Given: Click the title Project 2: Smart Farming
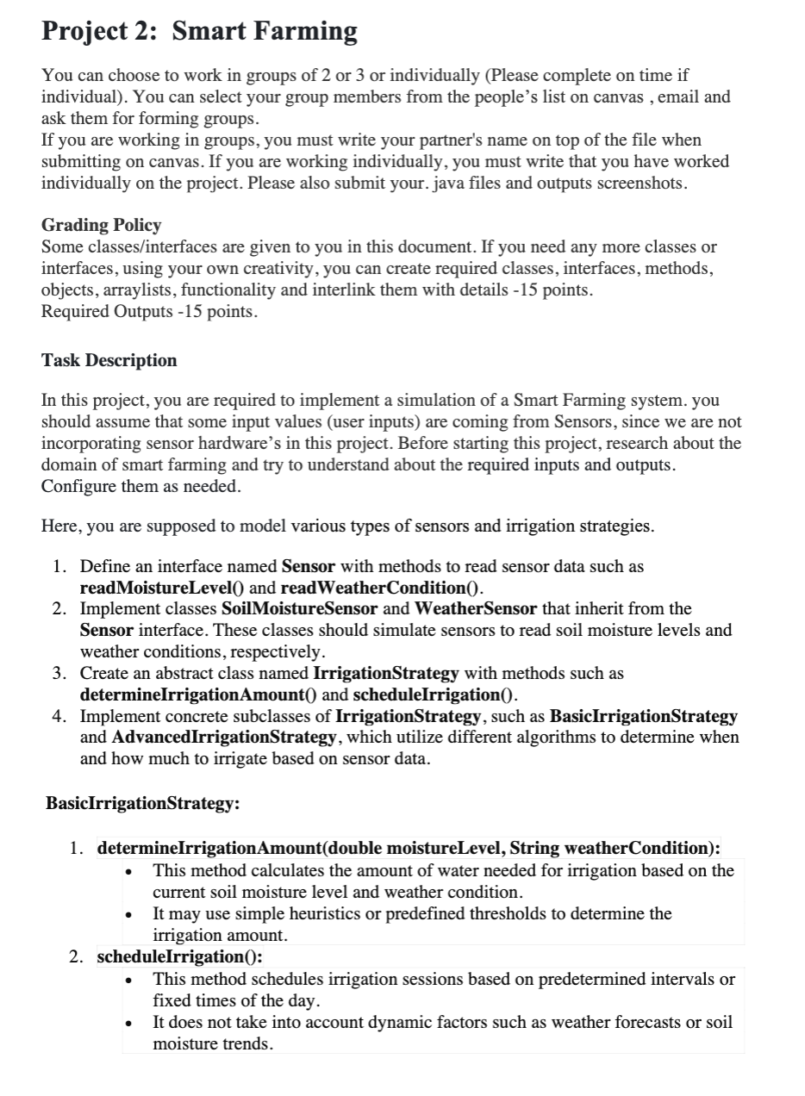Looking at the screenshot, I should point(199,32).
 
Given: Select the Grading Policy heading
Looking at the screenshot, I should point(101,226).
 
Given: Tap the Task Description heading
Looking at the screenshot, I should point(109,361).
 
